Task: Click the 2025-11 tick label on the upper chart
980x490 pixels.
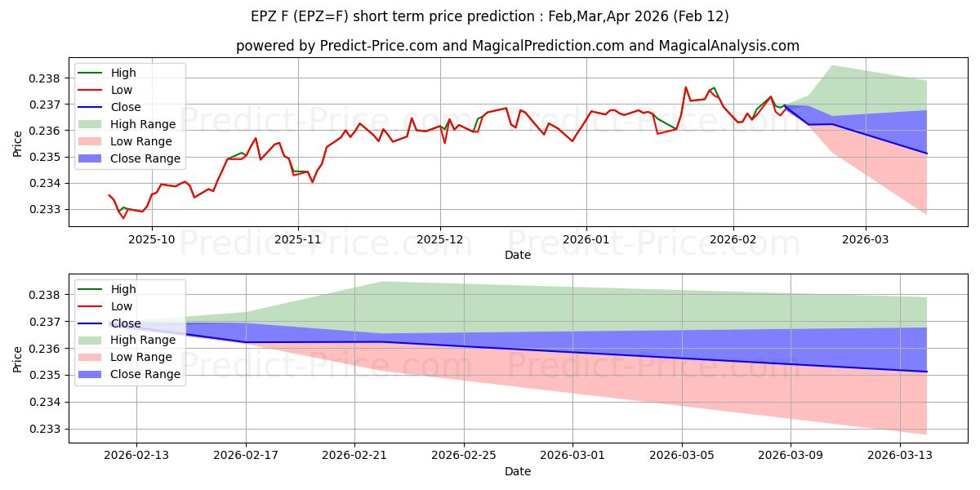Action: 297,239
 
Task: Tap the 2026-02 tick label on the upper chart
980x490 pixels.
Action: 733,239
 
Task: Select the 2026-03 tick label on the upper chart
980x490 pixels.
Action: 866,239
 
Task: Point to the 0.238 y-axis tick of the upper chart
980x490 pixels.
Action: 47,78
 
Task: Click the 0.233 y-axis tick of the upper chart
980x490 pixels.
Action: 47,209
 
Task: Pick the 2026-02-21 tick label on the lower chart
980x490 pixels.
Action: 354,456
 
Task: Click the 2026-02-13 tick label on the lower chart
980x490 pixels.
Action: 136,456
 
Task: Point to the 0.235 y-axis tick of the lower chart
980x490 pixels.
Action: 47,375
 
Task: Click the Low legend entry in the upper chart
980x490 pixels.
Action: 121,90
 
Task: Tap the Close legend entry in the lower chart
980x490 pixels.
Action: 125,323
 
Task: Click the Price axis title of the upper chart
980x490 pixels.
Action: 17,143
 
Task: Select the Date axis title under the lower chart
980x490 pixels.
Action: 518,471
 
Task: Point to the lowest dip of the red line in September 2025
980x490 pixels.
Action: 123,218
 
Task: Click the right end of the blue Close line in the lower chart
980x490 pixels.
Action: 926,372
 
